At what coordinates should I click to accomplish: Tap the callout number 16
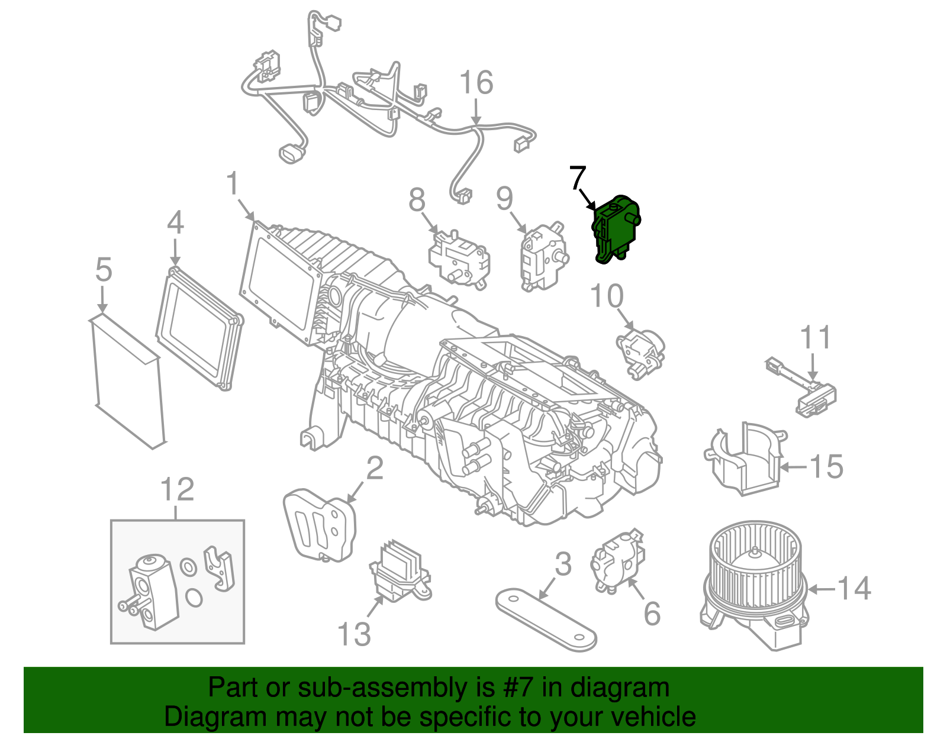[476, 83]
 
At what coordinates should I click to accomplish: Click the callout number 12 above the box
[177, 490]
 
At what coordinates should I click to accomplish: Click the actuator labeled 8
[459, 259]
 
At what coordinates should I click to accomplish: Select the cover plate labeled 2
[320, 524]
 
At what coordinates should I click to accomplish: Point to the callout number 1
[233, 183]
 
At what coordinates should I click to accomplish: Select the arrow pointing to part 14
[820, 589]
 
